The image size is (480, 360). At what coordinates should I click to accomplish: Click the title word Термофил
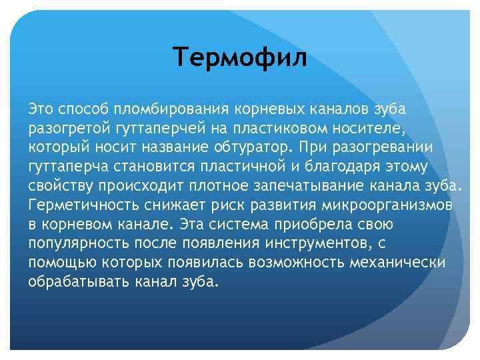pos(240,58)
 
